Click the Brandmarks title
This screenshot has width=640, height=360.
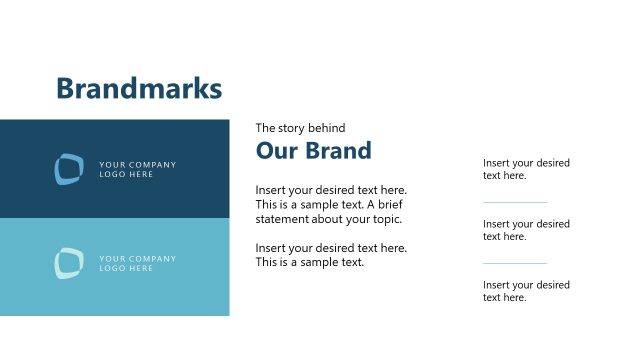click(138, 88)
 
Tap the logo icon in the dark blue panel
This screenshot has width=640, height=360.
click(69, 169)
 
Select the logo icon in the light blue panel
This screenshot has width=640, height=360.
click(69, 263)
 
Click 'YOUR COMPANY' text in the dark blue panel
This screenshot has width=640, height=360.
click(137, 164)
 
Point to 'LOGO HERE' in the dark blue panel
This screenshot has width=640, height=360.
click(126, 174)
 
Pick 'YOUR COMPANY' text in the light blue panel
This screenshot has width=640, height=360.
click(137, 258)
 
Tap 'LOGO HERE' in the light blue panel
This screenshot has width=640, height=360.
click(126, 268)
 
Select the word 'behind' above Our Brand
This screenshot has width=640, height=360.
click(328, 128)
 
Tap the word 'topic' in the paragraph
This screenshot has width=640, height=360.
click(384, 219)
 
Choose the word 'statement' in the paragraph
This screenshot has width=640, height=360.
click(282, 219)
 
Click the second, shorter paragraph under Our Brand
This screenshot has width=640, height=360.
click(330, 255)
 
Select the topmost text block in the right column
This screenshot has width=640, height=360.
click(526, 169)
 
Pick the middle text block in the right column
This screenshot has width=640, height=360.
click(526, 230)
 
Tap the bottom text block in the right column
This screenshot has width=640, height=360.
click(526, 291)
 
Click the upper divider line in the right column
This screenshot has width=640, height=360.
click(515, 203)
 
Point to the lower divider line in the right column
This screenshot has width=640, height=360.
click(515, 264)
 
